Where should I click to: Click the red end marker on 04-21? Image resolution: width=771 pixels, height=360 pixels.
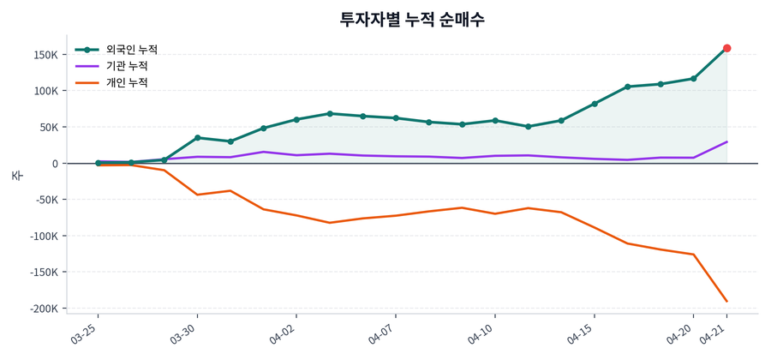pyautogui.click(x=726, y=48)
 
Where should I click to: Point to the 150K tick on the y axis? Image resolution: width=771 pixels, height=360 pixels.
pyautogui.click(x=44, y=55)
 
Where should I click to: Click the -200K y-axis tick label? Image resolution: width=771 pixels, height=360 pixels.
pyautogui.click(x=41, y=309)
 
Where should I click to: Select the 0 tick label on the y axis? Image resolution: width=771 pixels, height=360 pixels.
pyautogui.click(x=54, y=164)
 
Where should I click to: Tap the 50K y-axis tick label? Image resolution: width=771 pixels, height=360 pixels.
pyautogui.click(x=46, y=127)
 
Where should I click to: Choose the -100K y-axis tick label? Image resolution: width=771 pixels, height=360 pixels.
pyautogui.click(x=41, y=237)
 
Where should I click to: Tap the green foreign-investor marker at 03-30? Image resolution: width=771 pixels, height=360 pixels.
pyautogui.click(x=197, y=137)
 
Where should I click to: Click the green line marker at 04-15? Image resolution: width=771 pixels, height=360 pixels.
pyautogui.click(x=595, y=104)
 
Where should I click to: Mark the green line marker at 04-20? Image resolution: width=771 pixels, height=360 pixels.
pyautogui.click(x=693, y=79)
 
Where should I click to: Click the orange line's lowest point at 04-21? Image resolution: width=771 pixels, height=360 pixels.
pyautogui.click(x=726, y=301)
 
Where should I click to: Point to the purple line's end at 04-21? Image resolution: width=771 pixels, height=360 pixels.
pyautogui.click(x=726, y=142)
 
